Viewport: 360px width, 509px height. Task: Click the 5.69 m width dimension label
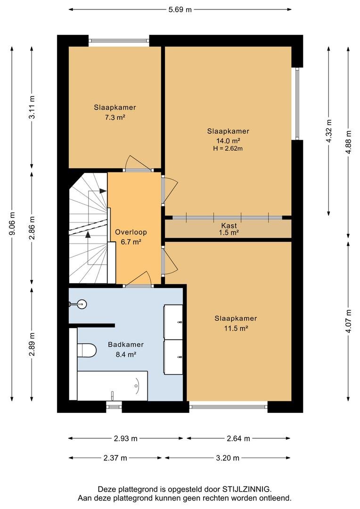[180, 9]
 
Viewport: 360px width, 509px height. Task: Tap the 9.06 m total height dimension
[12, 224]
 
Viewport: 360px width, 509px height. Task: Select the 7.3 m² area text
[115, 117]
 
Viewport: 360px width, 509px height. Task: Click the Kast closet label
[229, 225]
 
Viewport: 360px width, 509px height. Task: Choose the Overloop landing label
[131, 232]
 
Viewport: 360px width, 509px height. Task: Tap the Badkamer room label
[126, 345]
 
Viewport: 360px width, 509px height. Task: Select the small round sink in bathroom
[81, 304]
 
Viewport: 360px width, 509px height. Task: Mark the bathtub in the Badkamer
[112, 386]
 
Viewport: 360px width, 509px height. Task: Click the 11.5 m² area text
[236, 328]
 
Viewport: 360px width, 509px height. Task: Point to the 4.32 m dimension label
[329, 131]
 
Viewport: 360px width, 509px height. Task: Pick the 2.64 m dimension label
[238, 439]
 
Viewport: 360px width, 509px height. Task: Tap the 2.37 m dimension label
[115, 458]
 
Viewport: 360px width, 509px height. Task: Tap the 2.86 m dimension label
[32, 228]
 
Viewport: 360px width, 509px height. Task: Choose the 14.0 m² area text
[228, 140]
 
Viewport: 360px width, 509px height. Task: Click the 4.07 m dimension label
[349, 321]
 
